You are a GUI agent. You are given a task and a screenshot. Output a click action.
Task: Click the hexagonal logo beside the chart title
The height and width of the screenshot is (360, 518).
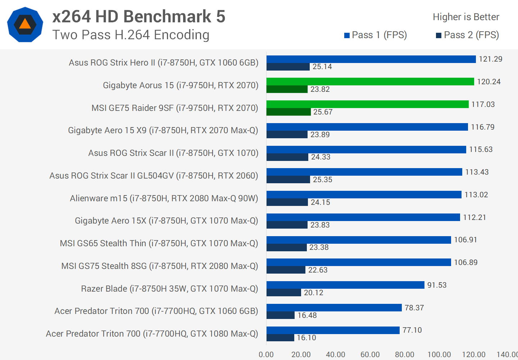tap(25, 24)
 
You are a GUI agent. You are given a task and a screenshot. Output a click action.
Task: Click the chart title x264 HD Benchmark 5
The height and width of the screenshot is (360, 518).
tap(139, 17)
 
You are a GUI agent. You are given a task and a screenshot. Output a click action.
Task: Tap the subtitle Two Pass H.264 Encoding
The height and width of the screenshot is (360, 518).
tap(131, 35)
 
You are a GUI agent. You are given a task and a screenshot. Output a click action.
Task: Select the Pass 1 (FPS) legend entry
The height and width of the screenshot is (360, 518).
tap(376, 35)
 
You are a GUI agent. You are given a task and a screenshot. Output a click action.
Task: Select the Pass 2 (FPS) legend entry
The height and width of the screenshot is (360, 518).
tap(467, 35)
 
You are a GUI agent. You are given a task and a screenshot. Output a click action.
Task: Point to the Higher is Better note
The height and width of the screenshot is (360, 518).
tap(466, 17)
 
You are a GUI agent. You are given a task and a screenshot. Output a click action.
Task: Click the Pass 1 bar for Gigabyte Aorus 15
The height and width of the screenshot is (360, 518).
tap(370, 82)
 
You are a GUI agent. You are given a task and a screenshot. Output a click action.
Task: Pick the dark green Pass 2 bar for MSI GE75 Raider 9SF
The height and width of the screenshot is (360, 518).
tap(288, 112)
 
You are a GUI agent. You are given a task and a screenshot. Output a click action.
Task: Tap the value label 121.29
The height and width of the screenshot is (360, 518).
tap(490, 59)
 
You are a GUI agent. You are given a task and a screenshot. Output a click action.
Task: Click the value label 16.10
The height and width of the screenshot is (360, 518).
tap(306, 338)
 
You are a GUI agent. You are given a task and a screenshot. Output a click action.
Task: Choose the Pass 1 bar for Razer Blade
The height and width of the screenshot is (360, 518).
tap(345, 285)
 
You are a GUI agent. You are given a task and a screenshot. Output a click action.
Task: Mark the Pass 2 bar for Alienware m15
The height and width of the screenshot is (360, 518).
tap(287, 202)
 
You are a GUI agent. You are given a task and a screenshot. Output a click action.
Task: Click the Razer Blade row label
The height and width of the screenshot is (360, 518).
tap(169, 289)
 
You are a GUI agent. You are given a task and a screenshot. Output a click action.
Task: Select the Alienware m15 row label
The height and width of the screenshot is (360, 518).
tap(164, 198)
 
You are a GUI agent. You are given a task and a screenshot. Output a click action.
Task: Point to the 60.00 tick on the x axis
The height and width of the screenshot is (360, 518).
tap(370, 355)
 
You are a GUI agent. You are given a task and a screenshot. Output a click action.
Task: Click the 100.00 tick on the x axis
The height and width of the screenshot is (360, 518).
tap(439, 355)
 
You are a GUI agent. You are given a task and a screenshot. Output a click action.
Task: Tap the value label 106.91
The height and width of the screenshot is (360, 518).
tap(465, 240)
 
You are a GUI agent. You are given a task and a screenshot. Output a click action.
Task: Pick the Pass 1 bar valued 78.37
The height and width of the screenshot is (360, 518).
tap(334, 307)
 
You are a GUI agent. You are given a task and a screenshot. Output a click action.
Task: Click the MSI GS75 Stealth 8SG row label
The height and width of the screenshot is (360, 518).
tap(160, 266)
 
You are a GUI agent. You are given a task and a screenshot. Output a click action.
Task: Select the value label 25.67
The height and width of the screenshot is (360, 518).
tap(323, 112)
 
